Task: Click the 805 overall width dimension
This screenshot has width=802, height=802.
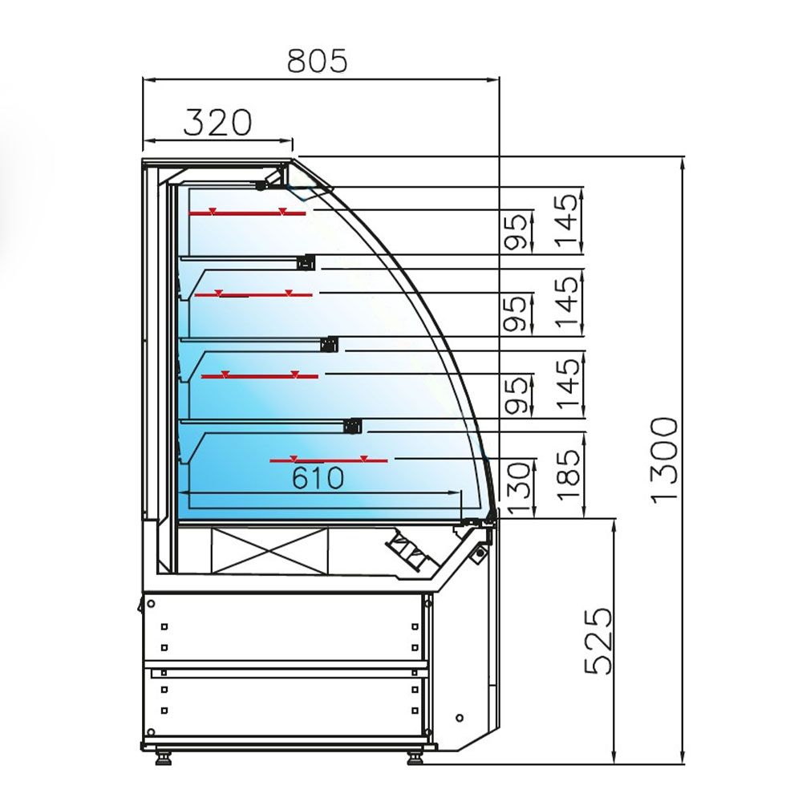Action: pyautogui.click(x=318, y=60)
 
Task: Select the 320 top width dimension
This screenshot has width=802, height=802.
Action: pyautogui.click(x=217, y=122)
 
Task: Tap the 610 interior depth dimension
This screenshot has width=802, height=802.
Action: pyautogui.click(x=317, y=479)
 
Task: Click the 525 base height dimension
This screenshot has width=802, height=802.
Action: pyautogui.click(x=597, y=641)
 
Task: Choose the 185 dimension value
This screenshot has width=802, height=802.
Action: pyautogui.click(x=568, y=474)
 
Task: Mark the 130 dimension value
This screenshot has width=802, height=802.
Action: pyautogui.click(x=520, y=488)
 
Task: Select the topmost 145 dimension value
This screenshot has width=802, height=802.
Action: pyautogui.click(x=568, y=221)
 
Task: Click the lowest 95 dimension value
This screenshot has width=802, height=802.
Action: pyautogui.click(x=520, y=395)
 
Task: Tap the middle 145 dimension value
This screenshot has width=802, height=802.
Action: pyautogui.click(x=568, y=303)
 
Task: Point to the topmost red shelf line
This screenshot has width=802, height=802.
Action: pyautogui.click(x=247, y=213)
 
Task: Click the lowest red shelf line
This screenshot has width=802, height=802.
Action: pyautogui.click(x=328, y=460)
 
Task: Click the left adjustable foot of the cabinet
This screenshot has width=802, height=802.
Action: pyautogui.click(x=165, y=755)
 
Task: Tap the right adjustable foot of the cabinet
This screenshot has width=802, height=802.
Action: pyautogui.click(x=415, y=755)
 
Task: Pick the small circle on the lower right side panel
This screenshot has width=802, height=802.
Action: pyautogui.click(x=460, y=716)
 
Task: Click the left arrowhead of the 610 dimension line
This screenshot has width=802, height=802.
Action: pyautogui.click(x=184, y=492)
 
